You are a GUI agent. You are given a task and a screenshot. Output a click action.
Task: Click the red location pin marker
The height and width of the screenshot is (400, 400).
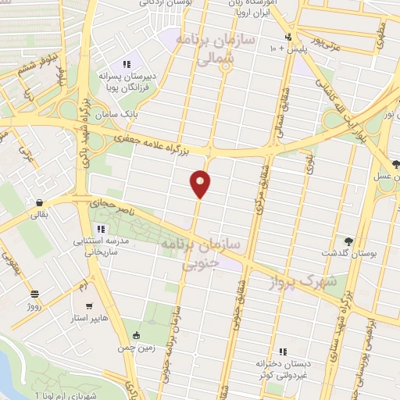[201, 183]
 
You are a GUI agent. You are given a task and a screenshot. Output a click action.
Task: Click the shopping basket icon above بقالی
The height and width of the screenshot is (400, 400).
[37, 201]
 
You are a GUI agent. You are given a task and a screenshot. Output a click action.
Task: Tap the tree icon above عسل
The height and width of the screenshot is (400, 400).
[395, 165]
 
